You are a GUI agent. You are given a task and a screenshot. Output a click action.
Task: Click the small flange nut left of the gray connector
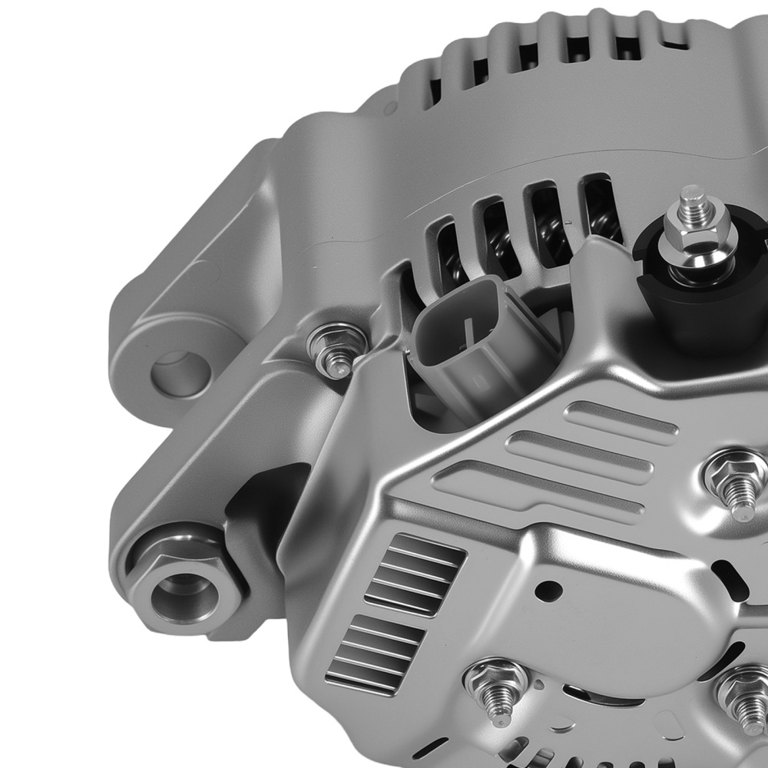click(x=332, y=349)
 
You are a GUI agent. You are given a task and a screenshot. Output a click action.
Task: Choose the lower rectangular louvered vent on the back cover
click(x=376, y=653)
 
